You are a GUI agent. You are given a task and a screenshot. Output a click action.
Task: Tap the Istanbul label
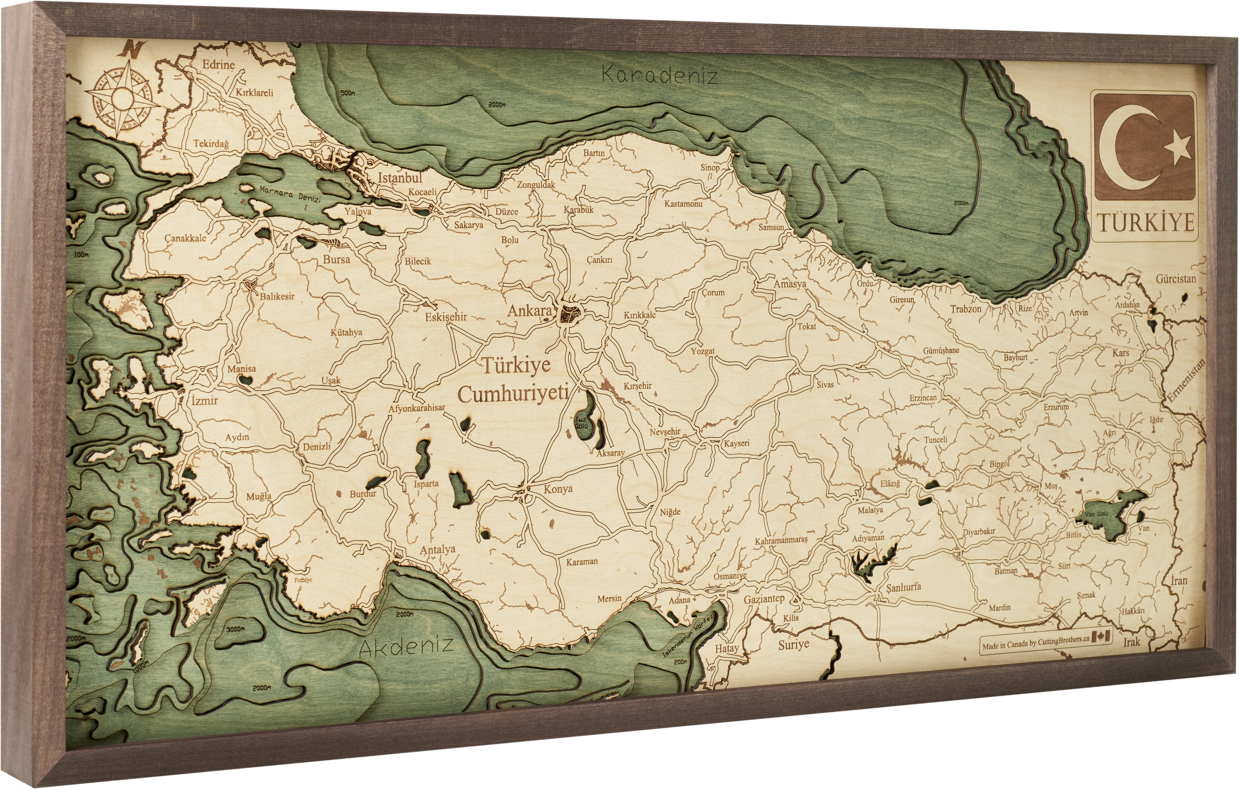[x=400, y=178]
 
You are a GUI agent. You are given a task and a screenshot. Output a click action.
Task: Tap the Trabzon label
[x=966, y=309]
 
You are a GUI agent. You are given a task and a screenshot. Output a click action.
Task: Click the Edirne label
[x=218, y=65]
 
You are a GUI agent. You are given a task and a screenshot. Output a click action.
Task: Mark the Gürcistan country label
[x=1176, y=279]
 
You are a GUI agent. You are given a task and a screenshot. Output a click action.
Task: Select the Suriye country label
[x=793, y=644]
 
